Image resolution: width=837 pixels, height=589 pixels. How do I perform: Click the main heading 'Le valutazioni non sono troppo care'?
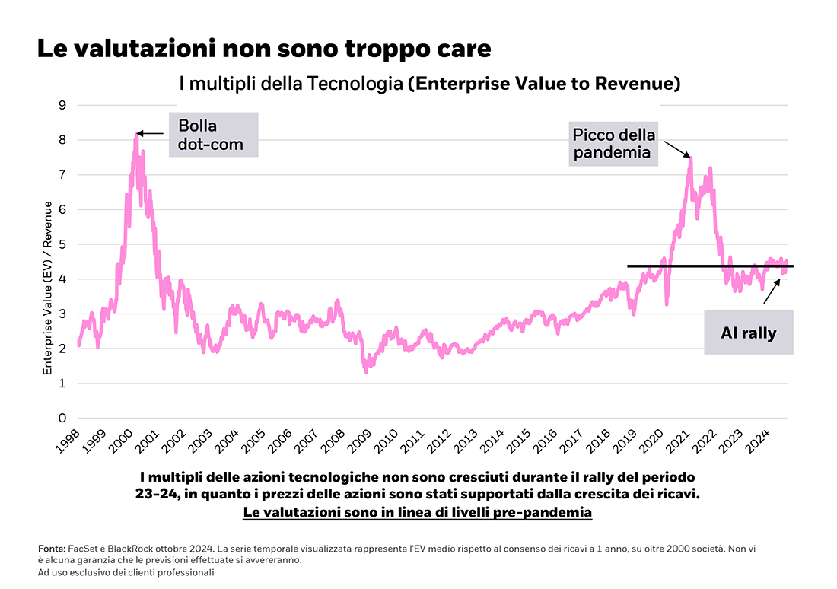(263, 49)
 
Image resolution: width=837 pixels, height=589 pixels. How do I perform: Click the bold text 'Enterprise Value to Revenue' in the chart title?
(543, 83)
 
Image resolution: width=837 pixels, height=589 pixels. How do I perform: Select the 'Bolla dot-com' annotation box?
(213, 135)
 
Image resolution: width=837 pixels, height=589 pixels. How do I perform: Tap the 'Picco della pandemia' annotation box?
(613, 143)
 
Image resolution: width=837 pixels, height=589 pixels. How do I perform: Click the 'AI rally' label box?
(748, 332)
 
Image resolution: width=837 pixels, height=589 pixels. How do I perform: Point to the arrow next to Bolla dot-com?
(151, 134)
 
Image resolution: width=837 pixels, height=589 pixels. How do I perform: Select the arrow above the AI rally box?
(772, 291)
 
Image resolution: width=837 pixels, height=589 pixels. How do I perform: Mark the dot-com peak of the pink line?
(136, 135)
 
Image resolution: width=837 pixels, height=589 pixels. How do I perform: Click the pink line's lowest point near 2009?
(366, 371)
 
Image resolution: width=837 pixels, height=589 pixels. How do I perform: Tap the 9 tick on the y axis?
(62, 105)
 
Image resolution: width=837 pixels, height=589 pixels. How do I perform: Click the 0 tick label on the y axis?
(62, 419)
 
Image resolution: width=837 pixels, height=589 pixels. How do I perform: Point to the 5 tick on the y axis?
(62, 244)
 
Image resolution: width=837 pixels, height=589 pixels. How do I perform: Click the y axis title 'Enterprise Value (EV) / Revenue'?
(47, 288)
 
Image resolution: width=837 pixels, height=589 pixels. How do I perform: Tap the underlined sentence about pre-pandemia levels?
(417, 513)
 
